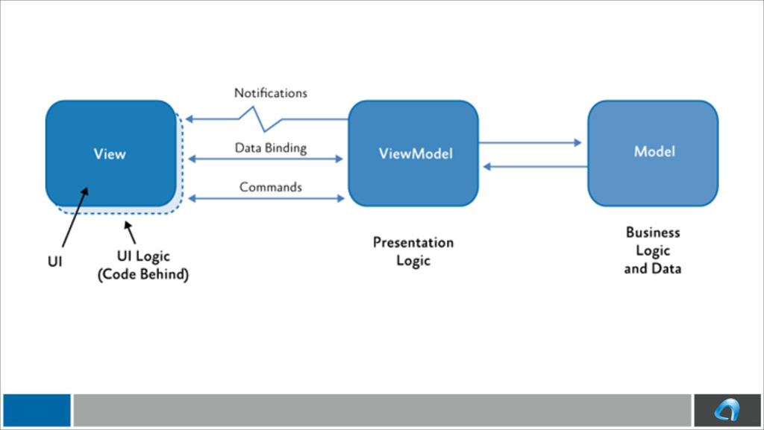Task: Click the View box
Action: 111,154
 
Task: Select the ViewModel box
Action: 413,154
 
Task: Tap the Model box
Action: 653,154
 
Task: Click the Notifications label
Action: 270,93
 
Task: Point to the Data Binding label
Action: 270,148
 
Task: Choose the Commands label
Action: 270,187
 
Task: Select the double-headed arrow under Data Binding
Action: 266,159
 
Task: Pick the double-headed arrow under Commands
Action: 266,198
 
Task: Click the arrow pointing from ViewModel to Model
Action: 530,142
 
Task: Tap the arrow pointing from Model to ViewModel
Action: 536,167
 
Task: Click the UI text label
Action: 55,262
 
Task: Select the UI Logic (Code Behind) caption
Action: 143,265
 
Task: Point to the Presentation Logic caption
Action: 413,251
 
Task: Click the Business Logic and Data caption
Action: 653,250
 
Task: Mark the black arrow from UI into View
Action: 75,218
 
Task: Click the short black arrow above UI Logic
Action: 130,232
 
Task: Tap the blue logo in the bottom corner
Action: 727,410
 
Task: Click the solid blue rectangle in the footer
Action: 37,410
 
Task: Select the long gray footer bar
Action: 383,410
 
